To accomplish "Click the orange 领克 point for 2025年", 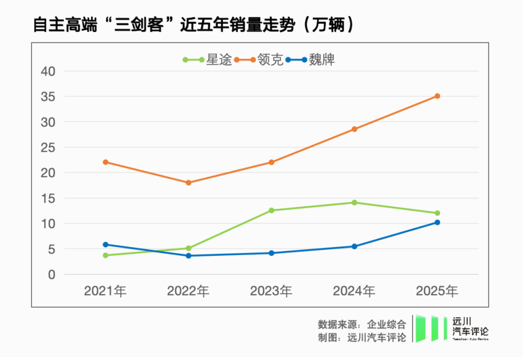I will point(437,96).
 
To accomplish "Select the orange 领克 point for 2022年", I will point(188,183).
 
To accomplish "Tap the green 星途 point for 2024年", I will point(354,203).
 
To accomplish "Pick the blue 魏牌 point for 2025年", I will point(437,222).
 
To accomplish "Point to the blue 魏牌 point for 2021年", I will point(106,244).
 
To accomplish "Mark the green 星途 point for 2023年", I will point(271,210).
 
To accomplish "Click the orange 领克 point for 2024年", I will point(354,129).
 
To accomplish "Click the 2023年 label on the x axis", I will point(271,291).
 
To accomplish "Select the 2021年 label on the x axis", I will point(106,291).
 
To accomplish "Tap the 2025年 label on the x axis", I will point(437,291).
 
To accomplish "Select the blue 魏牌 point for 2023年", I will point(271,253).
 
